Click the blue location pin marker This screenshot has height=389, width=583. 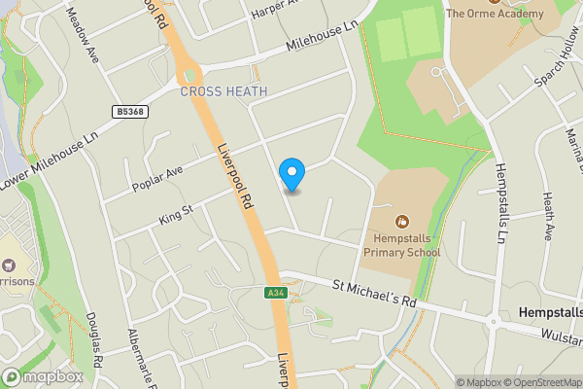pyautogui.click(x=291, y=174)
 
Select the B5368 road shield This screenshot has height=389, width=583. pyautogui.click(x=128, y=112)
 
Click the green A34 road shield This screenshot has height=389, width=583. pyautogui.click(x=275, y=293)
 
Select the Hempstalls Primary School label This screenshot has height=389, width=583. pyautogui.click(x=401, y=245)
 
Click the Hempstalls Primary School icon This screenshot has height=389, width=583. pyautogui.click(x=402, y=220)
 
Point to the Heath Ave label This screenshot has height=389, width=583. pyautogui.click(x=548, y=217)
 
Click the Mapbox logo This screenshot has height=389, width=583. pyautogui.click(x=43, y=376)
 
